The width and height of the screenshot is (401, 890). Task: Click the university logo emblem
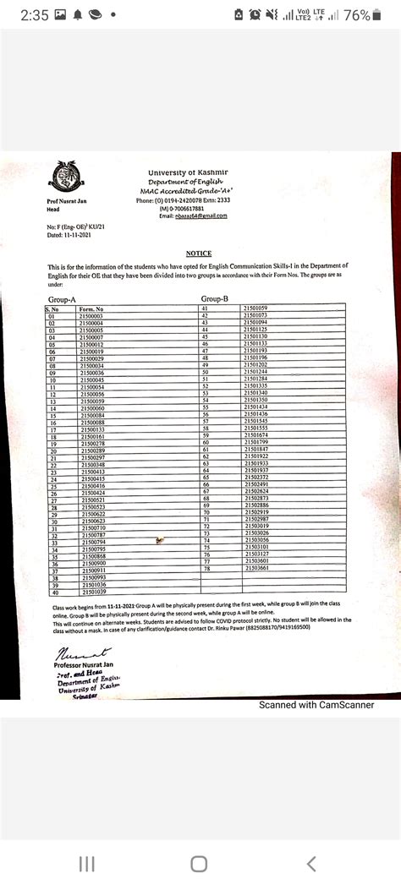63,177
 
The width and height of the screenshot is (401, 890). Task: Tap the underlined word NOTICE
199,254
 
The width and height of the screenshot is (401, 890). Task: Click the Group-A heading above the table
63,300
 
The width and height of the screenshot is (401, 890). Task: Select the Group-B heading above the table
215,299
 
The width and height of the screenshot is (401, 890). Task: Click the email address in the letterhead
201,216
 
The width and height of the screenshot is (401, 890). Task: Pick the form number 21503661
255,568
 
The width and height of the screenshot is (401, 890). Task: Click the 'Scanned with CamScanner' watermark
316,705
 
